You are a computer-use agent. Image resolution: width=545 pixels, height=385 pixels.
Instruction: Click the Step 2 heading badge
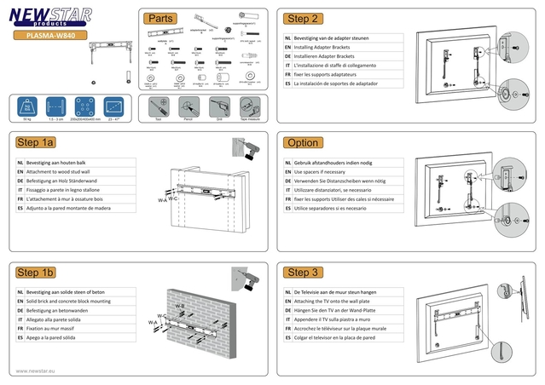point(304,19)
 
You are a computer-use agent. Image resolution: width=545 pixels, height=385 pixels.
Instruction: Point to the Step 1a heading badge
point(36,143)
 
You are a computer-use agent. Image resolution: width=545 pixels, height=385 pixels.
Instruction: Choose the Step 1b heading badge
point(36,272)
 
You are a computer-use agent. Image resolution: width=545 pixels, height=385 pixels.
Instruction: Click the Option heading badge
point(304,143)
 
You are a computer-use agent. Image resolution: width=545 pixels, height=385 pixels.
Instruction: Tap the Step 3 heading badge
point(304,272)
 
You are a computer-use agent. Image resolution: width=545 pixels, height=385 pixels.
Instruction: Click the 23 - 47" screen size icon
point(113,107)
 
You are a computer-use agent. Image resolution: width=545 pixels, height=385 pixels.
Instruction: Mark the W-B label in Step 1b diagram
point(180,306)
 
